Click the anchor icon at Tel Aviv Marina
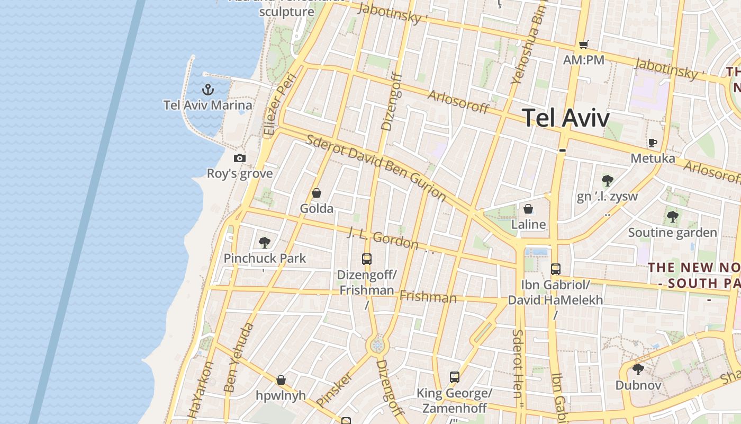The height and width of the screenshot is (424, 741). [208, 89]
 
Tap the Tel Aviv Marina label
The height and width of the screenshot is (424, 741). [208, 104]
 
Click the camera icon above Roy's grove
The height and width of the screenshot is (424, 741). [240, 158]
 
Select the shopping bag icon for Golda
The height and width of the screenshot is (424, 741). [317, 193]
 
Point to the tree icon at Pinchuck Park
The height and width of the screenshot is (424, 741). [265, 243]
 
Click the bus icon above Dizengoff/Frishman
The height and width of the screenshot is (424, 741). [367, 259]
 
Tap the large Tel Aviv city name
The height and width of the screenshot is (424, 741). [566, 117]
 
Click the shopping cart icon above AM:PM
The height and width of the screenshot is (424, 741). [583, 45]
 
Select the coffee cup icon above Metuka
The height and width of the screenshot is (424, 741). [653, 143]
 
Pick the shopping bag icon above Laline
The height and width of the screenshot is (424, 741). [528, 209]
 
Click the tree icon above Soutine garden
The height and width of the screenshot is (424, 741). [672, 216]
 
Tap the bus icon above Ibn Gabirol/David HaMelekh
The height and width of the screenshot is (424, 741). [555, 269]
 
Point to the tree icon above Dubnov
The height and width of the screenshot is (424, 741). [638, 369]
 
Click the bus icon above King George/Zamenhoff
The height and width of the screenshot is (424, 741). [455, 377]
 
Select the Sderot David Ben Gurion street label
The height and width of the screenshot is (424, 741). [376, 166]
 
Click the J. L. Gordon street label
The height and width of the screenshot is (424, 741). [383, 238]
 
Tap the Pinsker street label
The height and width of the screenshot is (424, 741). [334, 390]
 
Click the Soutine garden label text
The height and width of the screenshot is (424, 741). [672, 233]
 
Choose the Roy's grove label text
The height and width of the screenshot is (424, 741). [240, 174]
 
